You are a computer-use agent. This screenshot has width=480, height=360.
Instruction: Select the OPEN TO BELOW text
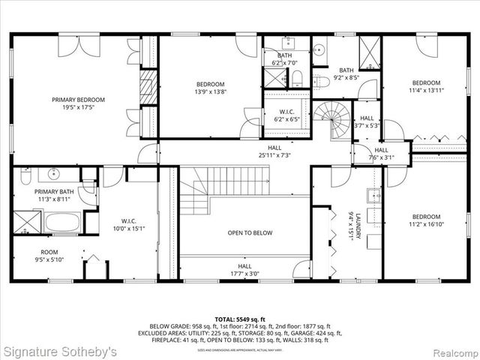[250, 233]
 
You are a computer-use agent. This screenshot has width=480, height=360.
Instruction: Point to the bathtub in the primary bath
[63, 222]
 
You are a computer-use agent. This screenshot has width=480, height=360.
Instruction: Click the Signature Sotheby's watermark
[59, 351]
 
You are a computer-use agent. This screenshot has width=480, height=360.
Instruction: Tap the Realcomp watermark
[448, 351]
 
